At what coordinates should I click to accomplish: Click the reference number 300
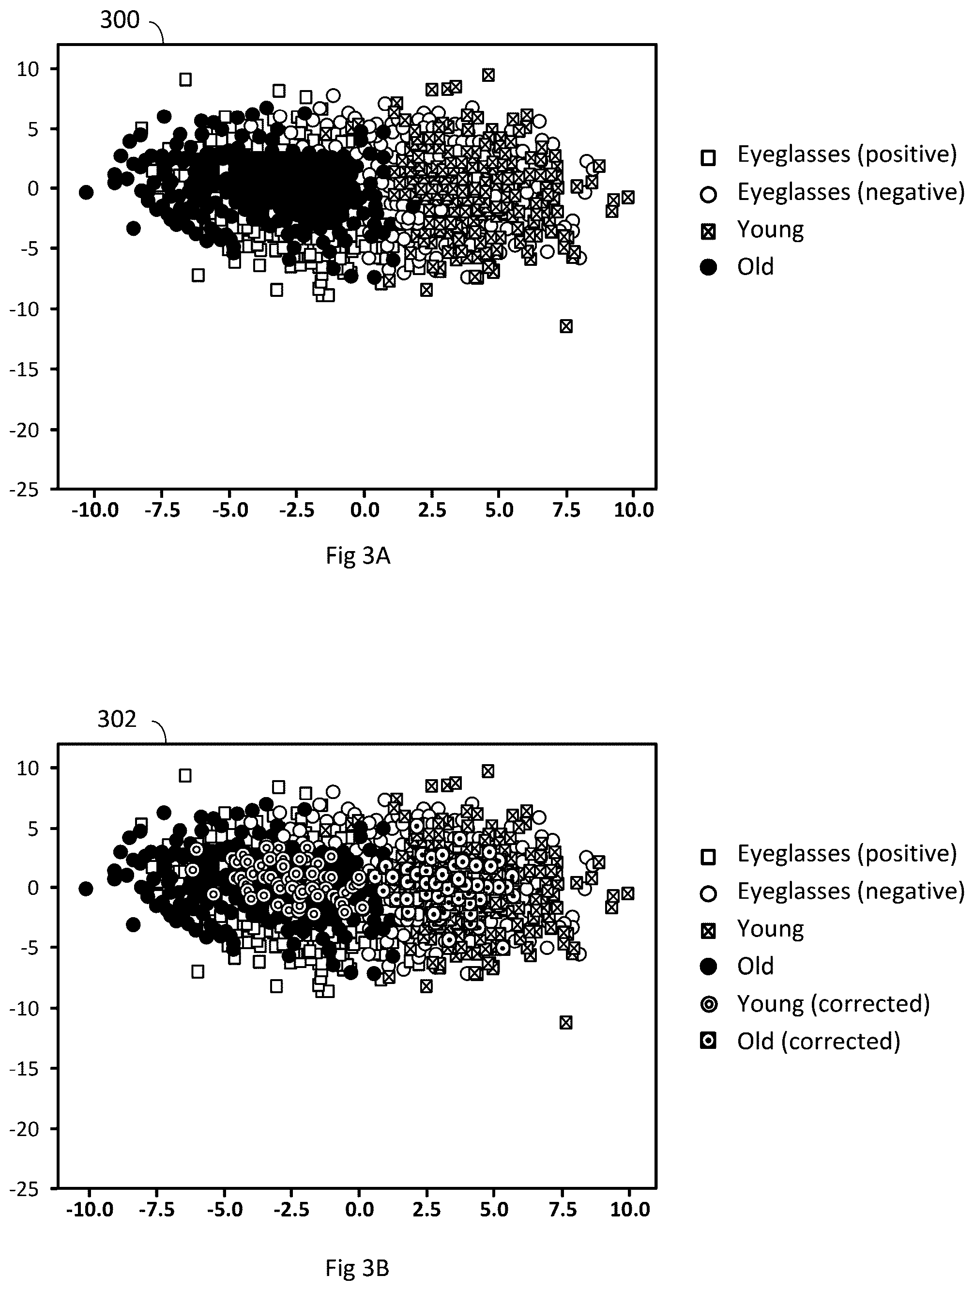tap(120, 20)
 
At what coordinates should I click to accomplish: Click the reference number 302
tap(117, 719)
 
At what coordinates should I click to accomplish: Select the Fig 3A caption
tap(358, 556)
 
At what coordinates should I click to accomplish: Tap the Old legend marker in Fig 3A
tap(708, 267)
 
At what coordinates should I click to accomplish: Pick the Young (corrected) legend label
tap(833, 1004)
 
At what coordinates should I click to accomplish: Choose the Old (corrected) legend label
tap(819, 1041)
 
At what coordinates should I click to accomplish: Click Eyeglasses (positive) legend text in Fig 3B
tap(847, 854)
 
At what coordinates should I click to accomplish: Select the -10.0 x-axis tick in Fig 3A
tap(95, 511)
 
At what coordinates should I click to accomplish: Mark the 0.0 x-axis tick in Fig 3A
tap(365, 511)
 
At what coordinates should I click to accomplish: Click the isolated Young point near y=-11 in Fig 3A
tap(565, 326)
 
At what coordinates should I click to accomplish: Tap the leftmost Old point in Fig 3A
tap(86, 193)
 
